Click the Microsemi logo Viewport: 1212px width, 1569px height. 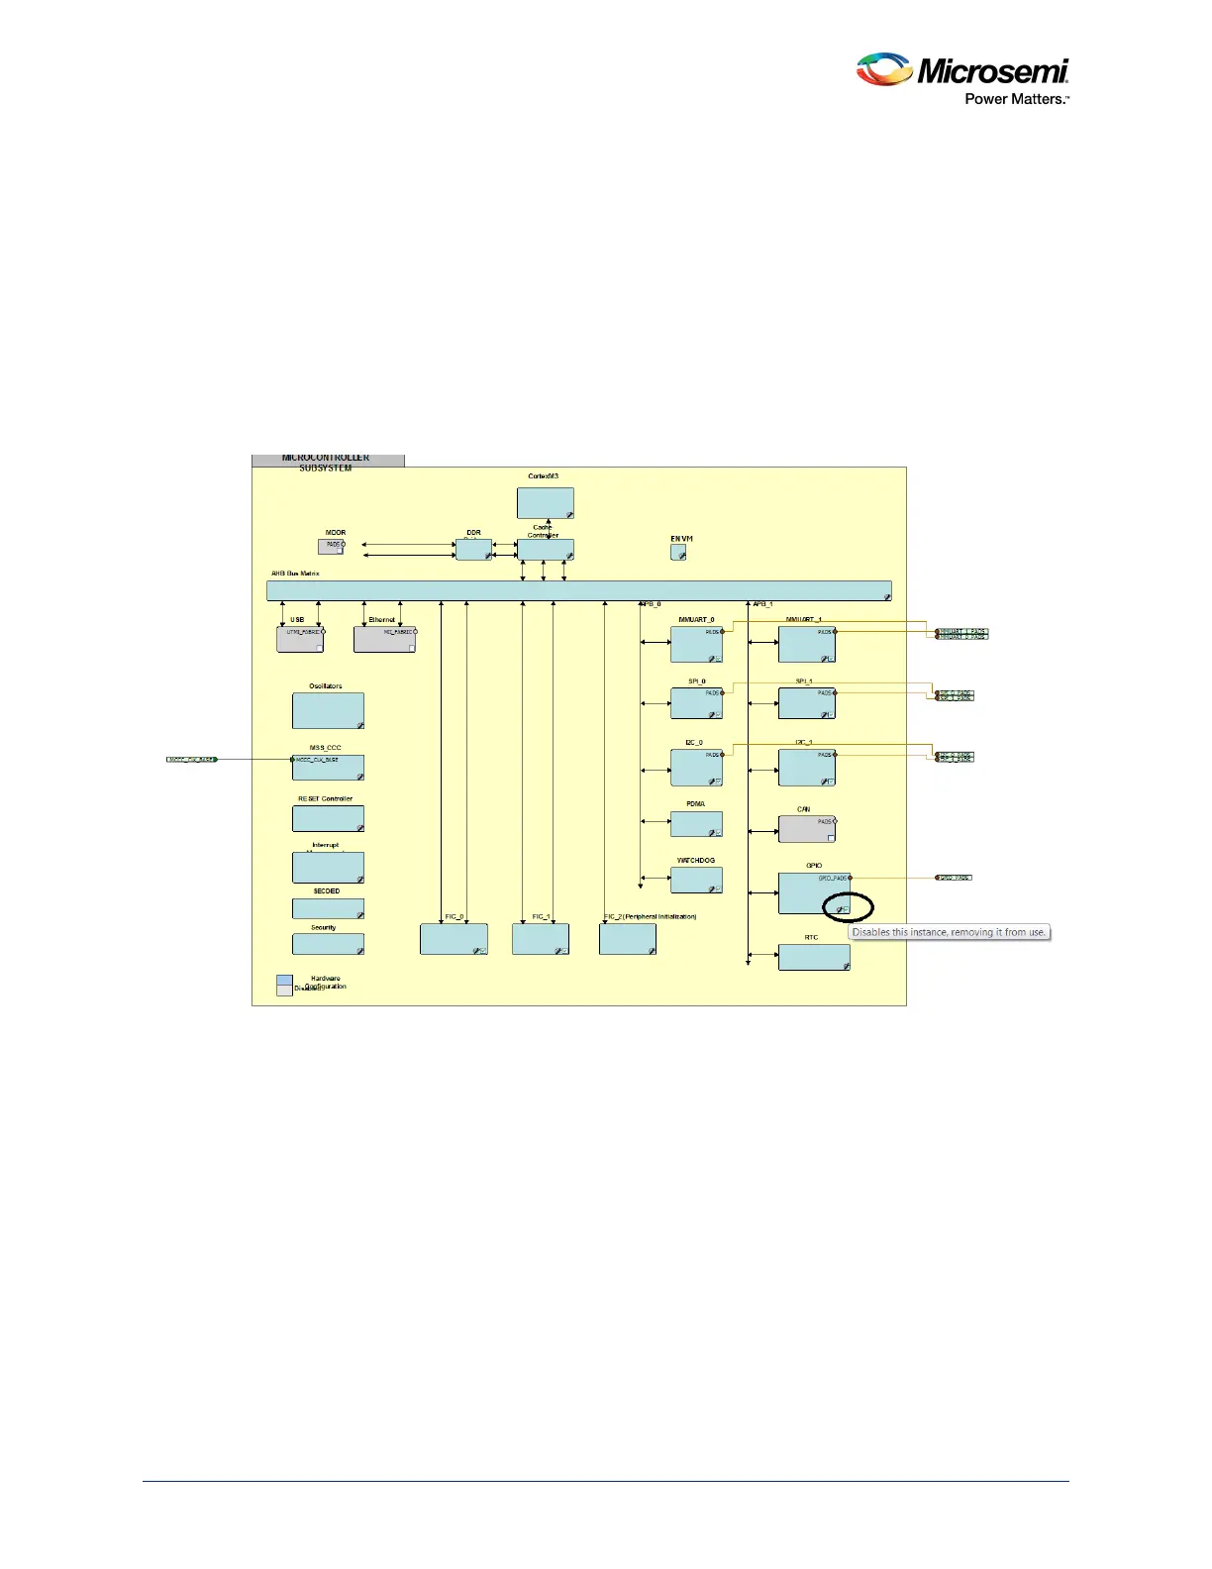point(961,70)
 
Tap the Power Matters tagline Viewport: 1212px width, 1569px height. point(1017,99)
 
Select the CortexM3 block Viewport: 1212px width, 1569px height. point(545,502)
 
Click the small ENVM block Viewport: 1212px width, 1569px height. point(678,552)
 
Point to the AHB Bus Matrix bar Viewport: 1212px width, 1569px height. point(578,590)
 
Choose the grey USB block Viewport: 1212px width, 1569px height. point(300,639)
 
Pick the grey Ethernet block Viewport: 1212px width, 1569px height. point(384,639)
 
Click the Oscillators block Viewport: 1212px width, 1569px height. point(328,710)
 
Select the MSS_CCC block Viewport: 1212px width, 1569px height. point(328,767)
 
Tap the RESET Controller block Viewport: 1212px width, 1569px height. point(328,818)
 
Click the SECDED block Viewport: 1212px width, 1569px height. point(328,908)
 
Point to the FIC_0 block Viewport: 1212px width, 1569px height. point(454,938)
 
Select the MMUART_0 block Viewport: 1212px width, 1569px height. point(696,644)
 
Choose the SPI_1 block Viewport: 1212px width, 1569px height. point(806,703)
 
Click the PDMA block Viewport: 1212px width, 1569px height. point(696,824)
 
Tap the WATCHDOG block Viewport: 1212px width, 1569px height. point(696,880)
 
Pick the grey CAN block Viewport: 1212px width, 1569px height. point(806,828)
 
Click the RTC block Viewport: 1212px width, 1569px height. point(814,957)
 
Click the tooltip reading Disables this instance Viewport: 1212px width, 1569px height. point(949,932)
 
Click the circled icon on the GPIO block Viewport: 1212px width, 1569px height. point(842,908)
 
